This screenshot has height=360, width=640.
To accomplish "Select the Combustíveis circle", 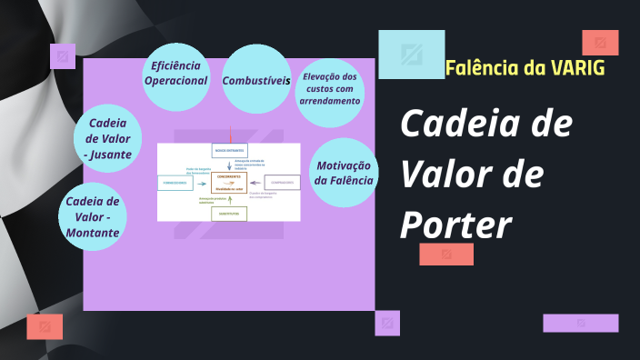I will point(255,80).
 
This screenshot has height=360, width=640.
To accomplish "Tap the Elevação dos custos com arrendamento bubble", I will point(330,88).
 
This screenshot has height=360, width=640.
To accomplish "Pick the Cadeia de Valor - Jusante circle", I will point(107,138).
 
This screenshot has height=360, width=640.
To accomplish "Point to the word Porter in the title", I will point(455,225).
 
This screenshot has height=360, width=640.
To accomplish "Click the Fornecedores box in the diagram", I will point(175,182).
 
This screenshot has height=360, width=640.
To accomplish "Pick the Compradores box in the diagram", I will point(282,182).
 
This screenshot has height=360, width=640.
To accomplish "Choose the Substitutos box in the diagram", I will point(229,215).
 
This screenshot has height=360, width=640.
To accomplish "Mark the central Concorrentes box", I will point(229,182).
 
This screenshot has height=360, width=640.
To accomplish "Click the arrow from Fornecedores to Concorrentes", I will point(203,182).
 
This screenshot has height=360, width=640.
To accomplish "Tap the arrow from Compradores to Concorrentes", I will point(256,182).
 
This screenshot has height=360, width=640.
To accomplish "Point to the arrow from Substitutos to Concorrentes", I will point(229,201).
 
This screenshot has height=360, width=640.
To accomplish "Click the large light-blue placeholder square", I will point(411,55).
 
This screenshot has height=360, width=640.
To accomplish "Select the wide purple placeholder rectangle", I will point(580,323).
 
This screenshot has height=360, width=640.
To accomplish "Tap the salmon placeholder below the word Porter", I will point(445,255).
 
